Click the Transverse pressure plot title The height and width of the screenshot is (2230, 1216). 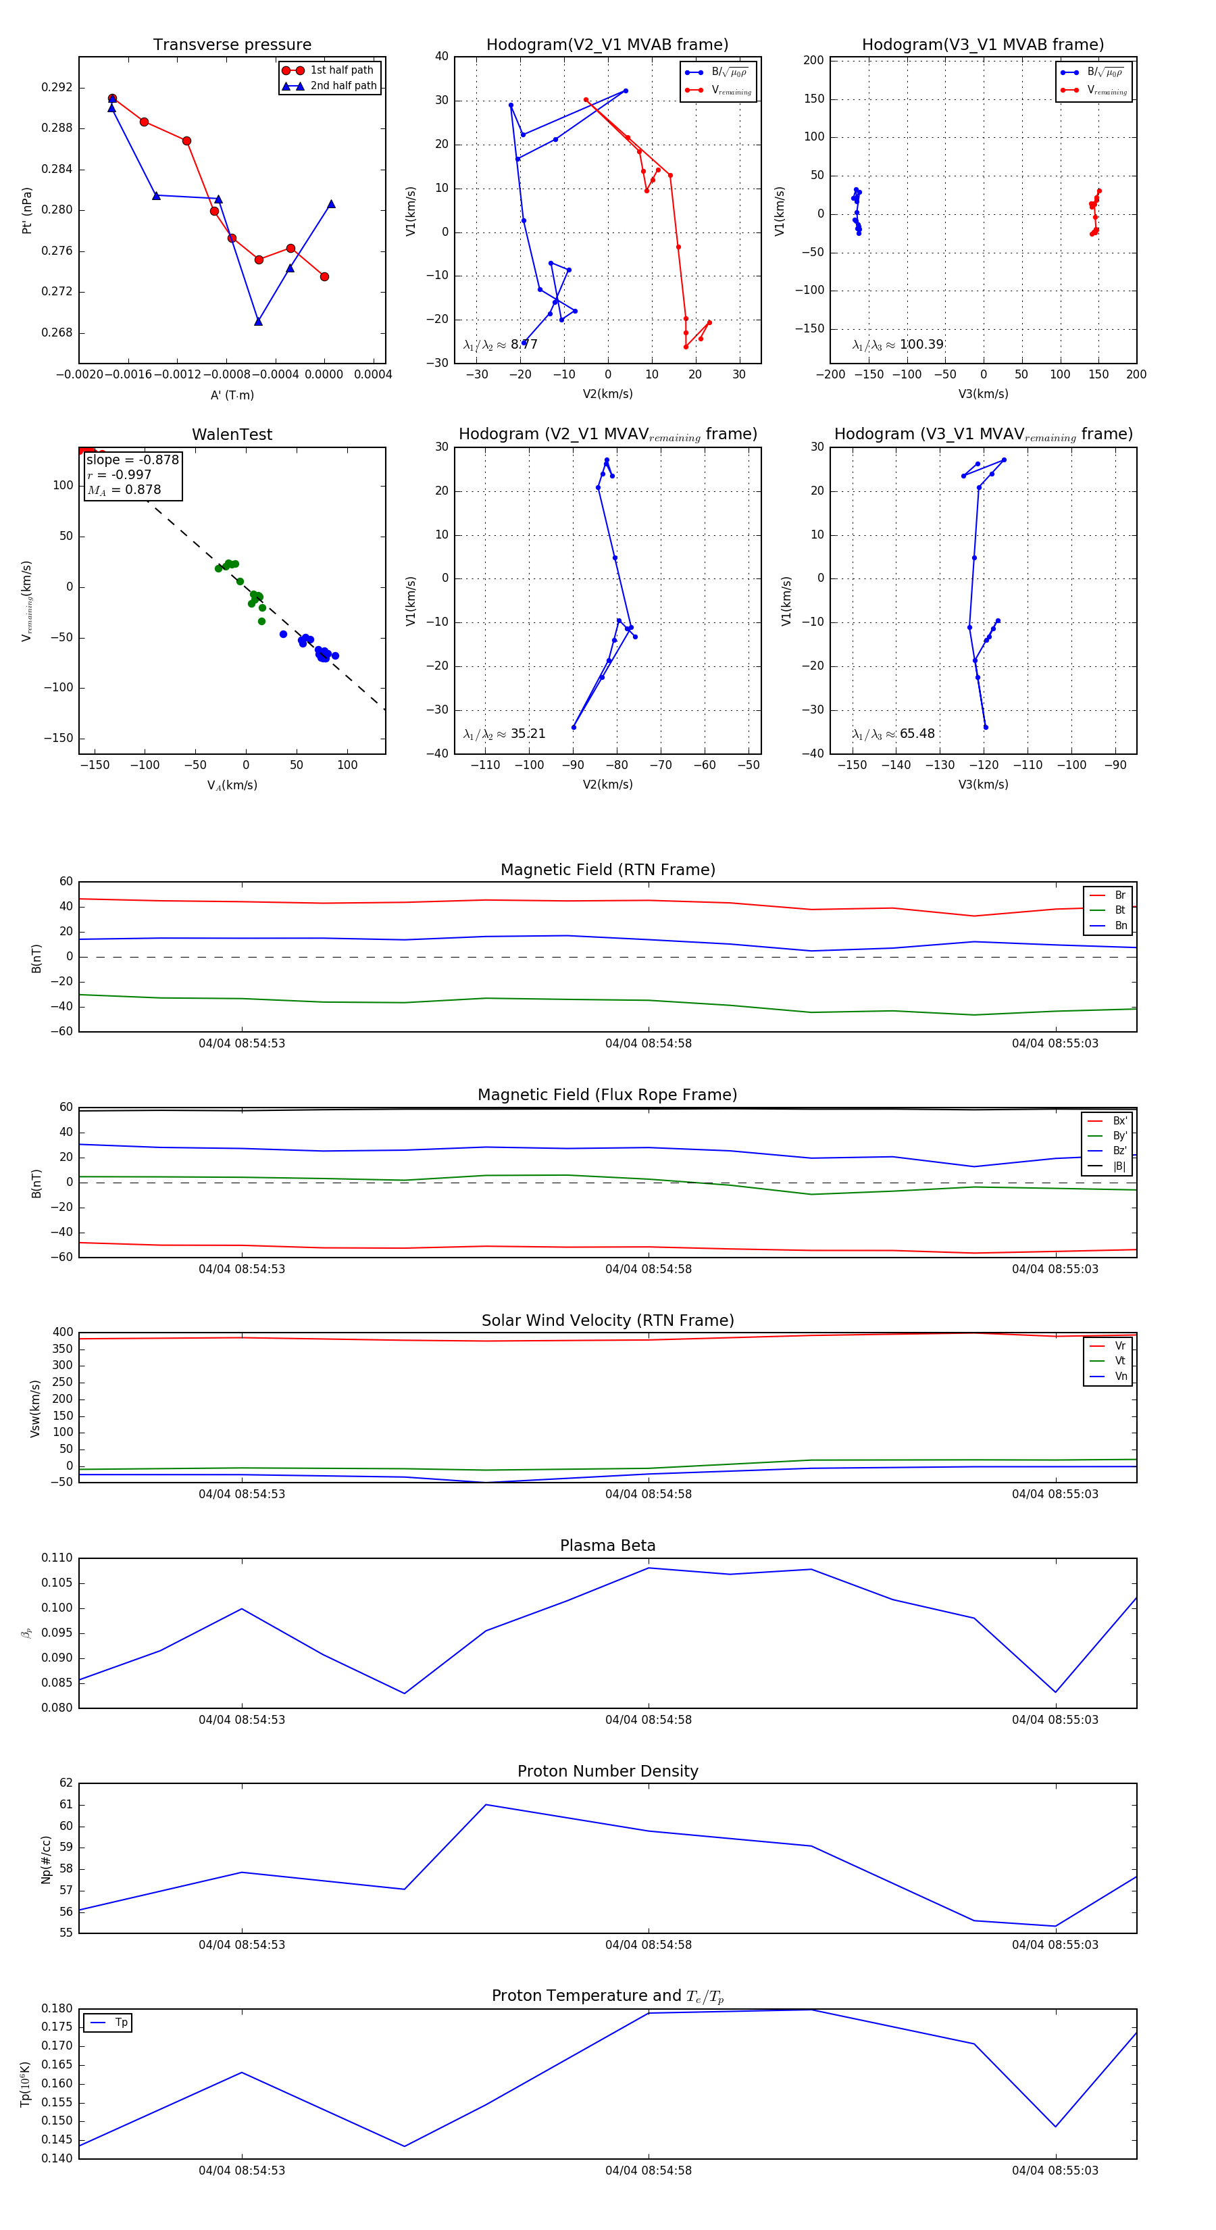tap(232, 45)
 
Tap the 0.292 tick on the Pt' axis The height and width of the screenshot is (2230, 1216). tap(57, 87)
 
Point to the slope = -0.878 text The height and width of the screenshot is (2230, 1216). tap(132, 460)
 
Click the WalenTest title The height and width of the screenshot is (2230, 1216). tap(232, 435)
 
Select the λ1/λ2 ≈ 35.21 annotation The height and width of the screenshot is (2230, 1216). tap(505, 734)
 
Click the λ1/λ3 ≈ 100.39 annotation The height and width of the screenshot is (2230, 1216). tap(898, 345)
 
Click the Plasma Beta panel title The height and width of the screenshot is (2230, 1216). tap(607, 1546)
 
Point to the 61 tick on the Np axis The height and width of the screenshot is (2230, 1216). tap(66, 1805)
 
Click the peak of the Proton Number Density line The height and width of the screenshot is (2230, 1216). tap(486, 1805)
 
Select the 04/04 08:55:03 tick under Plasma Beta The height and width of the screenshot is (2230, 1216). tap(1055, 1720)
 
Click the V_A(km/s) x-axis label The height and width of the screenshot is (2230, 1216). tap(232, 785)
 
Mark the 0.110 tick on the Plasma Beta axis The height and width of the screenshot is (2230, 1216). tap(57, 1558)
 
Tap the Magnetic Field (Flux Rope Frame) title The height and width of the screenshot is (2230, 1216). tap(607, 1095)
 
